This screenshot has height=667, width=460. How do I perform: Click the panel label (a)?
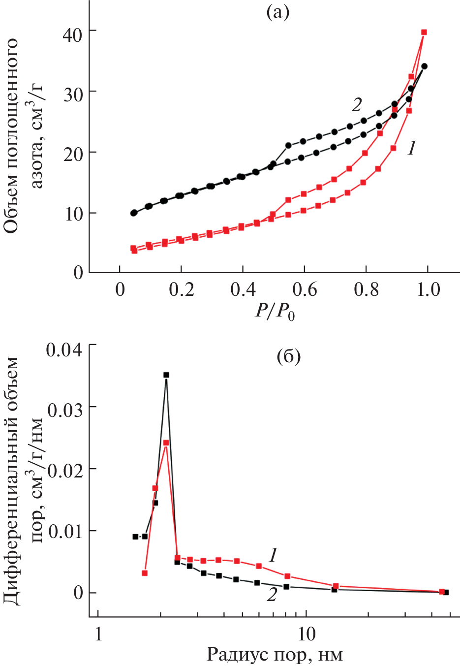coord(277,12)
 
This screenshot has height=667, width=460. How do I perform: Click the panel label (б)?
coord(289,355)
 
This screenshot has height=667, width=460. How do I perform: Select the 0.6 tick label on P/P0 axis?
coord(305,289)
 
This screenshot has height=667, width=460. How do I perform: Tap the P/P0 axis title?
coord(274,311)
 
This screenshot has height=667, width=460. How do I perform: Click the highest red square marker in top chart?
coord(424,32)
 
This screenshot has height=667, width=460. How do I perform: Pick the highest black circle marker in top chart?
coord(424,66)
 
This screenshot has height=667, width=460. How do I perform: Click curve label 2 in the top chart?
coord(357,104)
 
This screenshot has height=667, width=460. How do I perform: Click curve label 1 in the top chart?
coord(412,148)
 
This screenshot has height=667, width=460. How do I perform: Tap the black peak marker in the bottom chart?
coord(166,375)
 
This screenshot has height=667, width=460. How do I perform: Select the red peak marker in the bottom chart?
coord(166,443)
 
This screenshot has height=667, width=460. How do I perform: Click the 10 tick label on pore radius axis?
coord(306,634)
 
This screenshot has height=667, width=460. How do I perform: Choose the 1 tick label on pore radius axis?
coord(98,634)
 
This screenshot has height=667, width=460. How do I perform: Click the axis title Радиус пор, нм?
coord(274,655)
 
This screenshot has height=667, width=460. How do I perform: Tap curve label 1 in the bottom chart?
coord(273,555)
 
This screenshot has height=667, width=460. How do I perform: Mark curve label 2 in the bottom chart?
coord(272,595)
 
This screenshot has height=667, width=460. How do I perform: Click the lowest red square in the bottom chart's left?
coord(145,573)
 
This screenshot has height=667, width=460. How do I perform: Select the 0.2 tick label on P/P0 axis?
coord(182,289)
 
